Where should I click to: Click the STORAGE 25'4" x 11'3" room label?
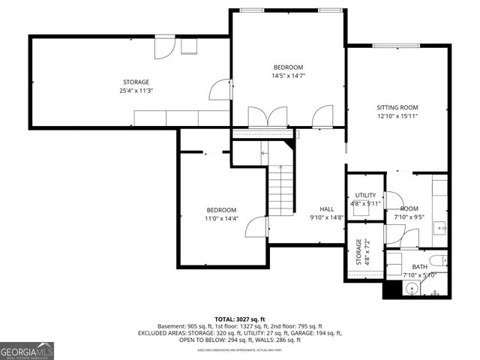136,87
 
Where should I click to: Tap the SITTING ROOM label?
397,107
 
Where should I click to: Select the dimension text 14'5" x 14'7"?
288,76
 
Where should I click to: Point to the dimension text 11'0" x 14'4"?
221,218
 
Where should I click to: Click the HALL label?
327,209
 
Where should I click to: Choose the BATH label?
419,266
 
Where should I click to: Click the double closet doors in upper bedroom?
268,116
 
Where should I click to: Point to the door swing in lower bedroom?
258,226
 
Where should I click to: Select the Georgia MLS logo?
27,351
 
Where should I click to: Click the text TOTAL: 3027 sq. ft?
240,319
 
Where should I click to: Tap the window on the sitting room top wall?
396,46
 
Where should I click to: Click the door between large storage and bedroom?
220,90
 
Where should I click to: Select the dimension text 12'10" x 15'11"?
397,116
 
